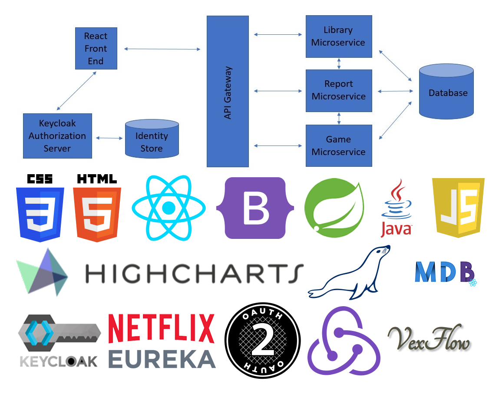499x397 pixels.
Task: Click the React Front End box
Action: pyautogui.click(x=96, y=48)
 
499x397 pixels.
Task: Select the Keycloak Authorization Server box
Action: pyautogui.click(x=57, y=136)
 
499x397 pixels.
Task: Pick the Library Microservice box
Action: pyautogui.click(x=338, y=36)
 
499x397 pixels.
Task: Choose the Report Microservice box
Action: pyautogui.click(x=338, y=90)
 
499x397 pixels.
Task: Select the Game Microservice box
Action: pyautogui.click(x=338, y=146)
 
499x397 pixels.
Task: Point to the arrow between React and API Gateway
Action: pyautogui.click(x=162, y=49)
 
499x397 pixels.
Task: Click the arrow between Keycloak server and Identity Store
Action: pyautogui.click(x=109, y=138)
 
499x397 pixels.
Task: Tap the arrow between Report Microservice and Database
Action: pyautogui.click(x=395, y=91)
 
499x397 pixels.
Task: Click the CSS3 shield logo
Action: pyautogui.click(x=40, y=208)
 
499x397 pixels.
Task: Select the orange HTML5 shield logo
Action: pyautogui.click(x=97, y=208)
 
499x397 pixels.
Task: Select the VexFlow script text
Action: pyautogui.click(x=429, y=339)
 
